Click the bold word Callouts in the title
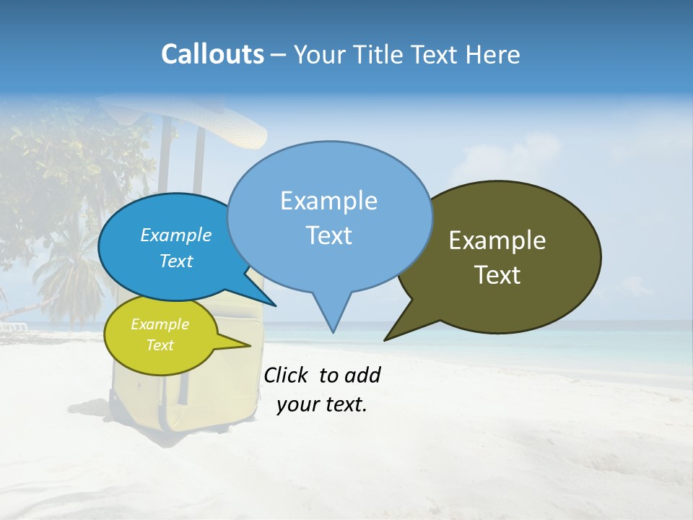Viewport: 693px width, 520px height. (212, 54)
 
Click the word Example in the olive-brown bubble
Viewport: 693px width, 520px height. (497, 240)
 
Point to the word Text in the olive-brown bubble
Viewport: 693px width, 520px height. (497, 275)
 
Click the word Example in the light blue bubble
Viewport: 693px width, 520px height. (328, 201)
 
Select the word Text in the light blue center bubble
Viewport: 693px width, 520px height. (328, 235)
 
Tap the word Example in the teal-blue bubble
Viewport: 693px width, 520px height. (175, 235)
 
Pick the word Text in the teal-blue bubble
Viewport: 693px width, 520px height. (175, 261)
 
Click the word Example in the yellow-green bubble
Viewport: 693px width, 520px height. (160, 324)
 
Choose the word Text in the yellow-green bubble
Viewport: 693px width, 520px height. (160, 345)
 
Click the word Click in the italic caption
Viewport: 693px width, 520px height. (287, 375)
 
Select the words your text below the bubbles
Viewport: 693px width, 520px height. (322, 404)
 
